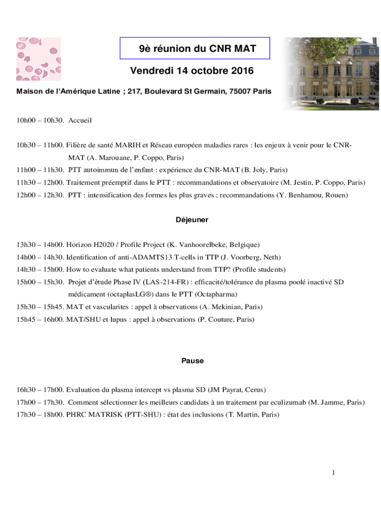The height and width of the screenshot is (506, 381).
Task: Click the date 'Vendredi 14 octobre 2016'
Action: [192, 71]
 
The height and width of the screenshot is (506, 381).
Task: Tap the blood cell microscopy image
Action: [39, 59]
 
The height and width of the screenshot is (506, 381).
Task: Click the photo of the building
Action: [326, 73]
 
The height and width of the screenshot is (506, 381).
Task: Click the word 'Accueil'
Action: [80, 120]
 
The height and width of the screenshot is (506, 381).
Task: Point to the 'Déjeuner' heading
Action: [192, 219]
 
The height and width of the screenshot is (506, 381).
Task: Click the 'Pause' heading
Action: [192, 361]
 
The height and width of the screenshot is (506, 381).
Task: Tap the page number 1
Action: [333, 473]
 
